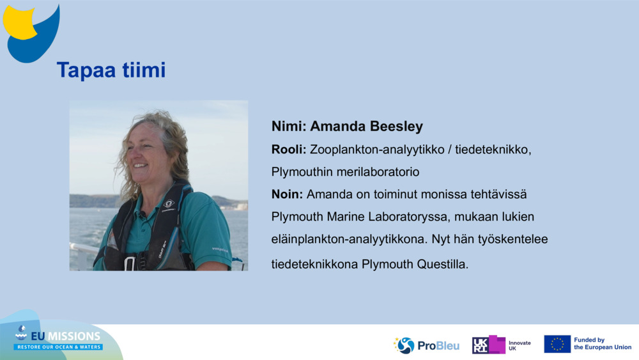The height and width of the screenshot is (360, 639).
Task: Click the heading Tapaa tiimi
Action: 111,70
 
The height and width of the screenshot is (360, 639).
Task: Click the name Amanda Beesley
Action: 366,127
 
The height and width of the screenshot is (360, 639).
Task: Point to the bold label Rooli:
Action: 289,150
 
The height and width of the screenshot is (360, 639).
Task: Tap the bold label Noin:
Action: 288,194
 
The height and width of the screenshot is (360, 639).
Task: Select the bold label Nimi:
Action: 289,127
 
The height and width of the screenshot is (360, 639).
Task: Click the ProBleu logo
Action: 426,345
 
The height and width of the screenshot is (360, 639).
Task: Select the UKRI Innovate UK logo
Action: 502,345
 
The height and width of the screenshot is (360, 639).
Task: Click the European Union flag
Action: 557,344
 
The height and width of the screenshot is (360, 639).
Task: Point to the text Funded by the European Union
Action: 603,343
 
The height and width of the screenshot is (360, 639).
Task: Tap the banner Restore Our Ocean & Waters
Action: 58,347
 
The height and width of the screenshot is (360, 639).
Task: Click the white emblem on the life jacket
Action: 168,204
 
